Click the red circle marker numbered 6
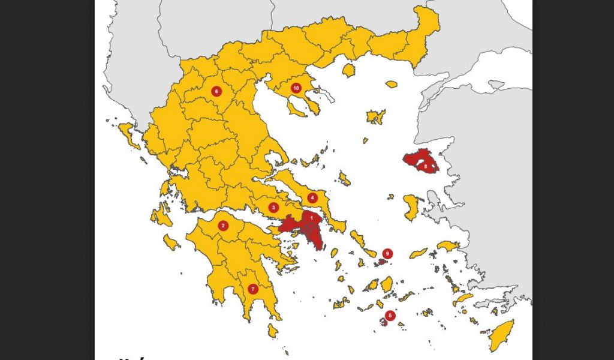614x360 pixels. (x=216, y=92)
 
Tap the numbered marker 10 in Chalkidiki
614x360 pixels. (x=296, y=88)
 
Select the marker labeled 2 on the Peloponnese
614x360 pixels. (x=223, y=226)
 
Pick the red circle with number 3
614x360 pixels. (x=273, y=208)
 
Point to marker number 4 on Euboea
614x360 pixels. (x=312, y=197)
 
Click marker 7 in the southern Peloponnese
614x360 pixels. (x=253, y=289)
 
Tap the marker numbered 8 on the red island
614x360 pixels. (x=426, y=166)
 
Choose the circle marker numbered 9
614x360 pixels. (x=387, y=253)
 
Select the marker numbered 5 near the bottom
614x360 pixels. (x=390, y=315)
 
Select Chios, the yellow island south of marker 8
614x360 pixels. (x=411, y=207)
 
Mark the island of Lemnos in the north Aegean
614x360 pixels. (x=376, y=116)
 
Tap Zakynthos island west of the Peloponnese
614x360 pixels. (x=171, y=242)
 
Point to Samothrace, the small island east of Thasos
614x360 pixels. (x=392, y=85)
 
